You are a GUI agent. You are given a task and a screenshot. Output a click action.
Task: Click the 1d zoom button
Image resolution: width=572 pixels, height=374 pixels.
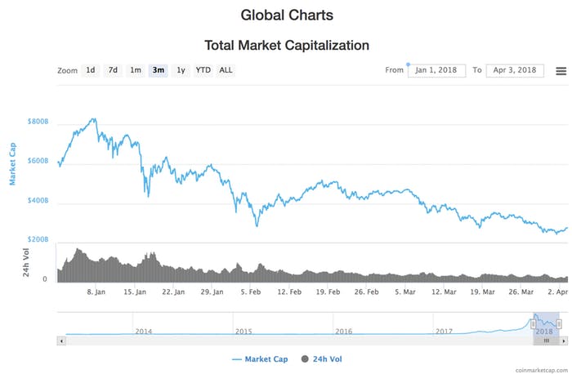tap(91, 70)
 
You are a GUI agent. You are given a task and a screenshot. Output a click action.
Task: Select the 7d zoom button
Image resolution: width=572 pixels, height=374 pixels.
tap(114, 70)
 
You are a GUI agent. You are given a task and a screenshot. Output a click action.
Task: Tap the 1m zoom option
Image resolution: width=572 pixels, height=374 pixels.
tap(136, 70)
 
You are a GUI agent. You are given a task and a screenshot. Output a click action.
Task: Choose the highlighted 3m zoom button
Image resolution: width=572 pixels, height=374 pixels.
tap(158, 70)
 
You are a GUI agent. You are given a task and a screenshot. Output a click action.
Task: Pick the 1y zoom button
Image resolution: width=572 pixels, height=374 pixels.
tap(181, 70)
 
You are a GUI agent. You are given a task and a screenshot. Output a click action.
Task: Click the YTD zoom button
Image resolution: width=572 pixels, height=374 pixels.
tap(203, 70)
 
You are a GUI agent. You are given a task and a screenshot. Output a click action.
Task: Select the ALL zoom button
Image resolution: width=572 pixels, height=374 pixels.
tap(226, 70)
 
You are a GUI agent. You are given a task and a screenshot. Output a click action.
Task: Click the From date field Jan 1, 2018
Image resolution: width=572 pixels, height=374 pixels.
tap(437, 70)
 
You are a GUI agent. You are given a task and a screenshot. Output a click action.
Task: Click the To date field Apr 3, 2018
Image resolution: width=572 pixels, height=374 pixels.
tap(515, 70)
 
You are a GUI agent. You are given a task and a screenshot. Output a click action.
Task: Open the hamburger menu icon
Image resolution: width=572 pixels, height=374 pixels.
tap(561, 70)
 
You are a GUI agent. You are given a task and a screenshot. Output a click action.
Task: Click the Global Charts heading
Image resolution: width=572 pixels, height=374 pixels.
tap(287, 15)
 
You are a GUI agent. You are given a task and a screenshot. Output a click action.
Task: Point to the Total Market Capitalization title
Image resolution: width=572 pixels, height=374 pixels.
tap(287, 46)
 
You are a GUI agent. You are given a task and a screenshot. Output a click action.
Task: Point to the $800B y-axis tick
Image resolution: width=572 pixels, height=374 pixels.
tap(38, 122)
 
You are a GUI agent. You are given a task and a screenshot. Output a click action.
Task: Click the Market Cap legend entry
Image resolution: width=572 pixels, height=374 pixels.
tap(261, 358)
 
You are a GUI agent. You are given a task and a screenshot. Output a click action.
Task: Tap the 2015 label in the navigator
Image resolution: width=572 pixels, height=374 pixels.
tap(244, 332)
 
